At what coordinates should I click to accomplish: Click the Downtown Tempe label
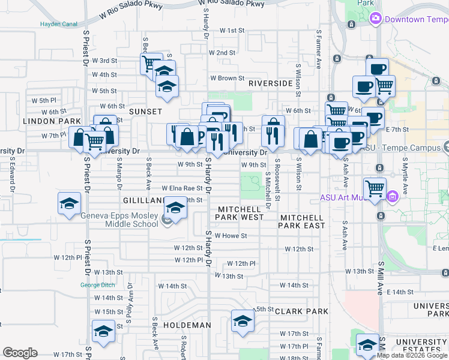(416, 19)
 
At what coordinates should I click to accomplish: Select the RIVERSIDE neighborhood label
(270, 83)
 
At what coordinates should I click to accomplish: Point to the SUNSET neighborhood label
(145, 112)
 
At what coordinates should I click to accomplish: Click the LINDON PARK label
(52, 121)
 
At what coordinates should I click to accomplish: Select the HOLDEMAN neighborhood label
(185, 325)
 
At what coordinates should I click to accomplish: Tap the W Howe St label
(231, 236)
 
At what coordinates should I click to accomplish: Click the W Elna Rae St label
(176, 188)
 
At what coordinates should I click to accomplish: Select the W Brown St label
(227, 78)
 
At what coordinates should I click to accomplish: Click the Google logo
(20, 353)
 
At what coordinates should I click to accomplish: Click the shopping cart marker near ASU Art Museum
(375, 188)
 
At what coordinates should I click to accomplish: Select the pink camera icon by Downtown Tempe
(376, 19)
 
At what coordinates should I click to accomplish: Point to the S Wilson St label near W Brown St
(298, 79)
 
